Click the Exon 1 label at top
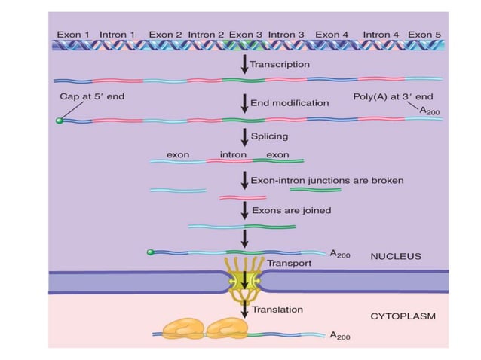[x=73, y=34]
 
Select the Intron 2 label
[x=206, y=34]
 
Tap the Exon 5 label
[x=425, y=34]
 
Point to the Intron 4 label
[x=381, y=34]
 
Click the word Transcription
[x=280, y=64]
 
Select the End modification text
[x=290, y=102]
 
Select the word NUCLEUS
[x=395, y=256]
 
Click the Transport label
[x=287, y=264]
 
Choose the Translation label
[x=277, y=309]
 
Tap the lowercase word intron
[x=233, y=154]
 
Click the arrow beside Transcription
[x=244, y=64]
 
